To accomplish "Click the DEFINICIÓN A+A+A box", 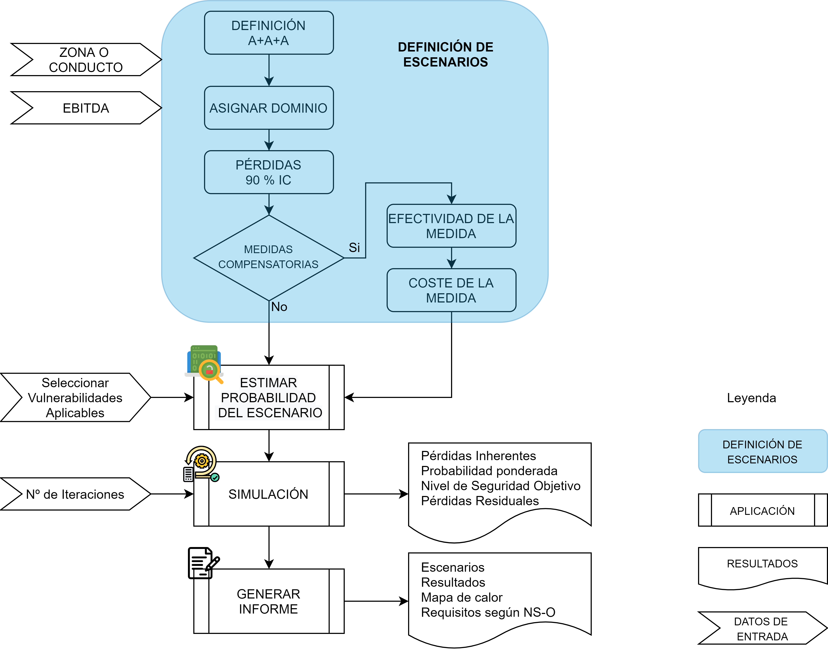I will tap(269, 33).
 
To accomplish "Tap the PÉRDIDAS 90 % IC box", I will tap(269, 172).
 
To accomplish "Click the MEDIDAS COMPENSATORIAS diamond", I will tap(269, 258).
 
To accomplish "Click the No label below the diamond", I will tap(279, 307).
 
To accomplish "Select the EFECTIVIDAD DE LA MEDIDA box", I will tap(451, 226).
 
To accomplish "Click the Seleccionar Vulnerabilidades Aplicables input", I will tap(75, 397).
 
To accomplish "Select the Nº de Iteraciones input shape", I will tap(75, 494).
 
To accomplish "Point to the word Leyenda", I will tap(751, 398).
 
